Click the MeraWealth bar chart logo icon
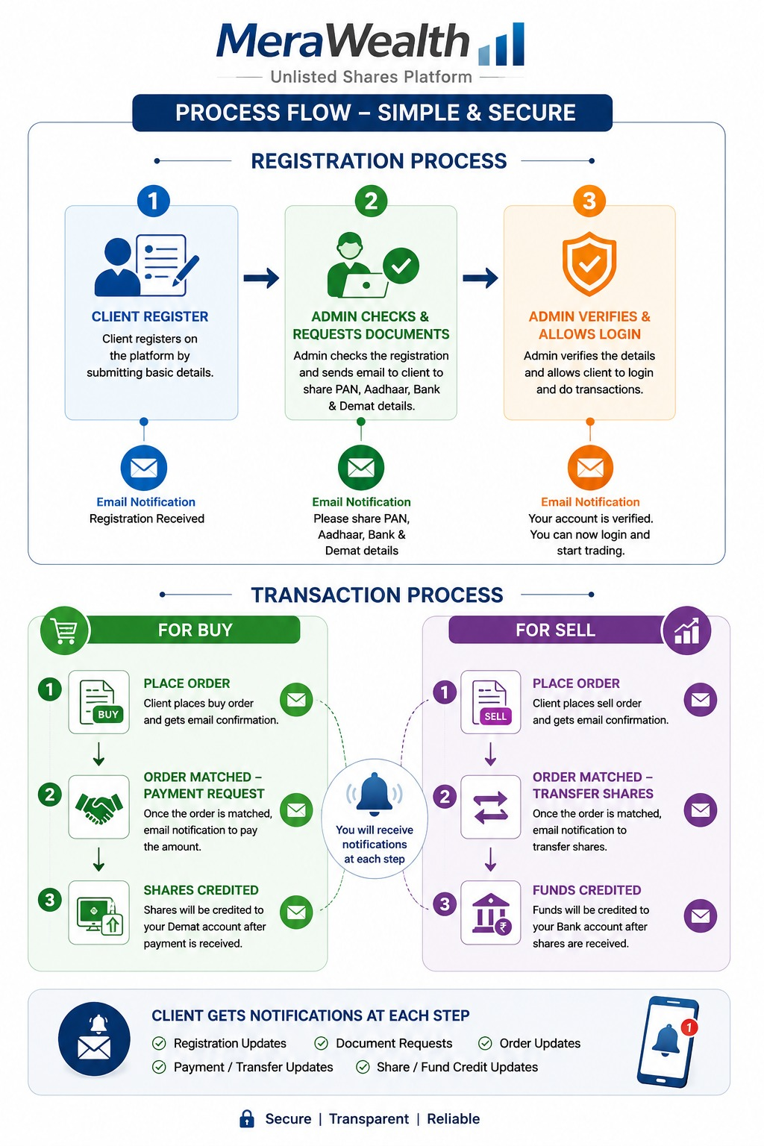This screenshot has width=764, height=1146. point(501,44)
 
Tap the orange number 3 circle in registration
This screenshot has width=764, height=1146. point(589,201)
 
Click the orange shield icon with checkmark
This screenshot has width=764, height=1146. point(589,263)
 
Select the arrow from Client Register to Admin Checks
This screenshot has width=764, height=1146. point(261,278)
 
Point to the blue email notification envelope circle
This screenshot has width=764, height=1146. point(144,468)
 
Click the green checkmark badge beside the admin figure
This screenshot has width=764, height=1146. point(401,266)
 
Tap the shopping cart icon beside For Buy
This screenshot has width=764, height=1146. point(65,630)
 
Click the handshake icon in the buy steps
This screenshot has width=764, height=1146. point(98,808)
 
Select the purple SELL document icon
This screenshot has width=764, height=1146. point(491,702)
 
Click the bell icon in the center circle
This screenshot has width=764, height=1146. point(375,794)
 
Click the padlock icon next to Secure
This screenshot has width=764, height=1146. point(247,1118)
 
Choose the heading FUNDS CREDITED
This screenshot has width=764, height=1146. point(586,890)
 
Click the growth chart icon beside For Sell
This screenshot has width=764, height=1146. point(686,630)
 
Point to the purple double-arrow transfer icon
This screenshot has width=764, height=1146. point(491,807)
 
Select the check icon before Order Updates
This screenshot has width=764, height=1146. point(485,1043)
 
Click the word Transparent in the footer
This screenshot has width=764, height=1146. point(369,1119)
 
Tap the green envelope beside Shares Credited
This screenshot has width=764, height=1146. point(296,912)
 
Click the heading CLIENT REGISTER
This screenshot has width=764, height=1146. point(150,316)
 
